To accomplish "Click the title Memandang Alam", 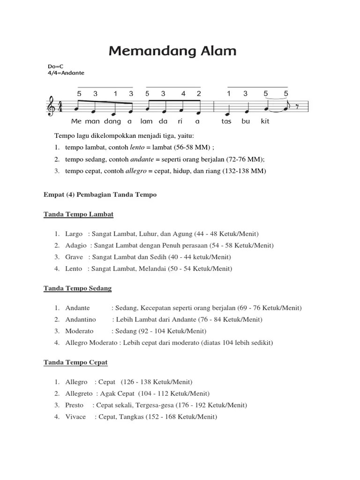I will pyautogui.click(x=172, y=51).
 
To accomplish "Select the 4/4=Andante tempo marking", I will pyautogui.click(x=66, y=73).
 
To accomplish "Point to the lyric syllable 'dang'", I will pyautogui.click(x=113, y=121).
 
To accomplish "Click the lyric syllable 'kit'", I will pyautogui.click(x=265, y=121).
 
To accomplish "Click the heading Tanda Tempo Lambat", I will pyautogui.click(x=78, y=214).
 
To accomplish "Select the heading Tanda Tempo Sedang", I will pyautogui.click(x=77, y=288).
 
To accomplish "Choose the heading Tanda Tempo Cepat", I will pyautogui.click(x=75, y=362).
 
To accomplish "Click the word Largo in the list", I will pyautogui.click(x=74, y=234).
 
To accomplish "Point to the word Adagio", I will pyautogui.click(x=76, y=245).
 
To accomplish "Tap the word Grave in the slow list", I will pyautogui.click(x=74, y=257).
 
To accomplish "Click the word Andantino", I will pyautogui.click(x=80, y=319).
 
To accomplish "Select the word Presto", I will pyautogui.click(x=75, y=405).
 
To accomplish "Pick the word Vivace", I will pyautogui.click(x=75, y=417).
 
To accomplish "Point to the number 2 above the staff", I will pyautogui.click(x=199, y=93).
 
